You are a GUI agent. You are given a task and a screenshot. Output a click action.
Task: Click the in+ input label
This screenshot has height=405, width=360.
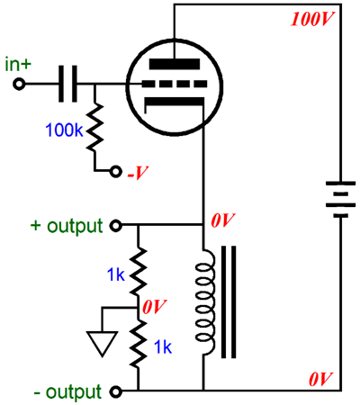point(18,64)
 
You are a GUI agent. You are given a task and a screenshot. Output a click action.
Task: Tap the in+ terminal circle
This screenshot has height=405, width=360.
point(19,85)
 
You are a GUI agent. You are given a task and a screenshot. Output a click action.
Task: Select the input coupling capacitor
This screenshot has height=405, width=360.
point(67,84)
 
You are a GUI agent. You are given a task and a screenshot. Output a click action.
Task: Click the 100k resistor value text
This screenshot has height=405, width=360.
point(64,130)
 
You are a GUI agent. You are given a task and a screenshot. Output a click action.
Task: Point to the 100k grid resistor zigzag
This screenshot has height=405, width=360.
point(94,127)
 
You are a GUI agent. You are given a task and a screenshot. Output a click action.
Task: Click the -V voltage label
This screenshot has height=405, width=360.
point(138,173)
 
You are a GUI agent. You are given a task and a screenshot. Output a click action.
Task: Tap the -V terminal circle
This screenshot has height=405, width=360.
point(116,172)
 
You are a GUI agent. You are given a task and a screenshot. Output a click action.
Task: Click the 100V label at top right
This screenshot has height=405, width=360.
point(312,19)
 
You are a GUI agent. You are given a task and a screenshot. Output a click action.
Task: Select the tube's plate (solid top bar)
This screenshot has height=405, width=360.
point(175,64)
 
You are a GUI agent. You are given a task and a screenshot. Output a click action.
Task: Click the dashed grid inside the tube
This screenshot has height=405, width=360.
point(175,84)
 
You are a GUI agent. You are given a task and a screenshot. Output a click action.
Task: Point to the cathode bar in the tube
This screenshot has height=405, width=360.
point(175,102)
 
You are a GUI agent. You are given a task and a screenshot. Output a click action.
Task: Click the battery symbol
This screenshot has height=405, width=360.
point(341,199)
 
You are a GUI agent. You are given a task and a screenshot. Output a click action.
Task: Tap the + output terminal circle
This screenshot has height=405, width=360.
point(116,225)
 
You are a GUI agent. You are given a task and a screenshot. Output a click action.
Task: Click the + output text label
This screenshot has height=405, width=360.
point(67,226)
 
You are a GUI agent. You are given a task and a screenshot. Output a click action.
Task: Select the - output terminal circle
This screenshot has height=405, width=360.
point(116,391)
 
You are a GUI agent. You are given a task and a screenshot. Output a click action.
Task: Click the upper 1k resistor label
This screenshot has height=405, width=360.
point(116,274)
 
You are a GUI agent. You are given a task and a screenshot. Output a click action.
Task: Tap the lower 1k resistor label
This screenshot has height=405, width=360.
point(163,347)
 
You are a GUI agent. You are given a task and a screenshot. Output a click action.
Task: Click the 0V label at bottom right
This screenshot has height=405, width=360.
point(321,379)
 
